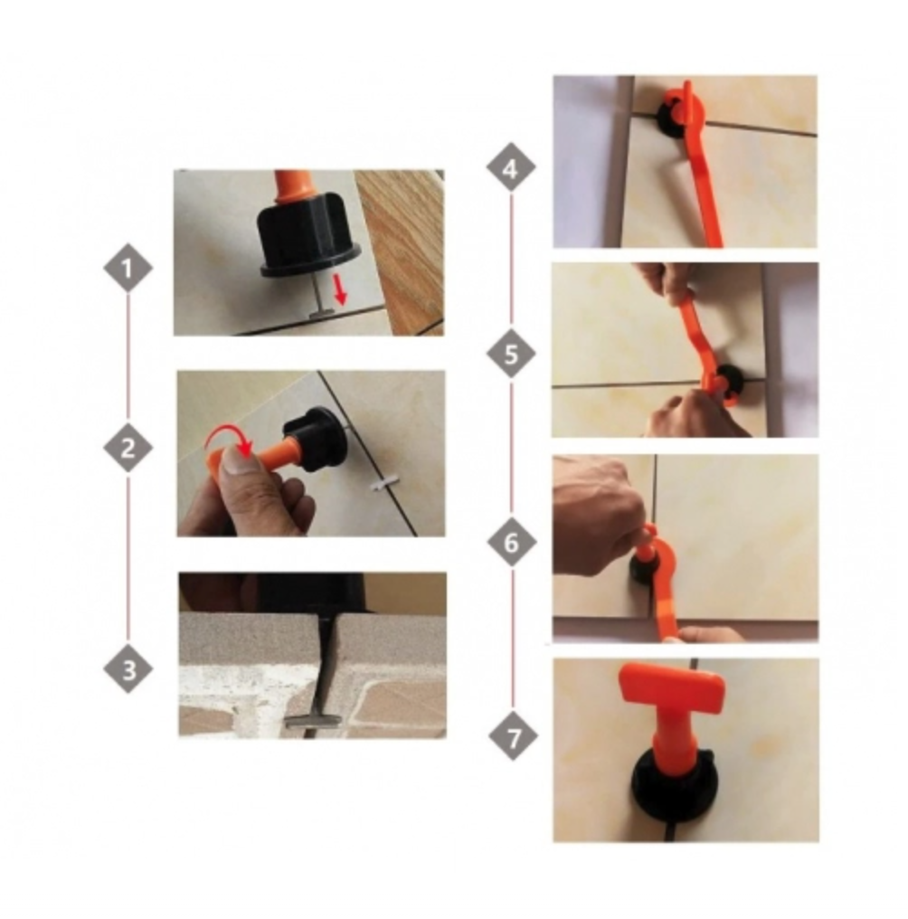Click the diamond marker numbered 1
coord(128,269)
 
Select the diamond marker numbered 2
coord(128,449)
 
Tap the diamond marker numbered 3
coord(128,669)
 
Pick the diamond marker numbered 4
coord(511,167)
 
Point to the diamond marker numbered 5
coord(511,354)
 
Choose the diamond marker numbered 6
coord(512,542)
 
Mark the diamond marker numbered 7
coord(513,736)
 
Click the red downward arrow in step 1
coord(339,289)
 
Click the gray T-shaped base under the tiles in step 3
coord(312,720)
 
